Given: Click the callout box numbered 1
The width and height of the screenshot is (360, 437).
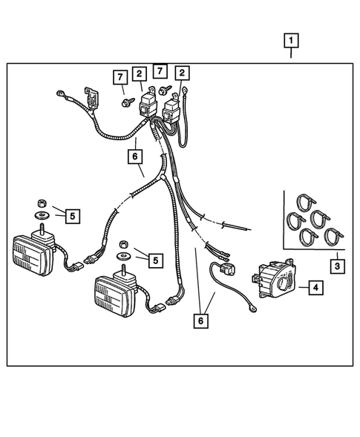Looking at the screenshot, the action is point(291,41).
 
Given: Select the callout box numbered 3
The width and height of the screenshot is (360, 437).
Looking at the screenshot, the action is point(337,266).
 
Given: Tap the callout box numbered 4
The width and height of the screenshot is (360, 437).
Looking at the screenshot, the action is point(315,287).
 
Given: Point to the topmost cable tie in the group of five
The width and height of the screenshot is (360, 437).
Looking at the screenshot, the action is point(306,202).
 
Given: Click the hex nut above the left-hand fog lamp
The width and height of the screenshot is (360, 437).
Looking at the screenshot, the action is point(42,203).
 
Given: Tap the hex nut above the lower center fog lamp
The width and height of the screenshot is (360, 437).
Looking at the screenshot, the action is point(123,245).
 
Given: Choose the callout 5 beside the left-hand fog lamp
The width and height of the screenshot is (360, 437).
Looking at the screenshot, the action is point(73,216).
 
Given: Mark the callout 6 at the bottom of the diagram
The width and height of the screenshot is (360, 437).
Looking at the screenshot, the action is point(200,321).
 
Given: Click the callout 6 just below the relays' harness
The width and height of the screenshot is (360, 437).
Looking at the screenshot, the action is point(135,157).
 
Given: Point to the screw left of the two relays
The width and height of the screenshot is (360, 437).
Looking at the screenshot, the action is point(128,102).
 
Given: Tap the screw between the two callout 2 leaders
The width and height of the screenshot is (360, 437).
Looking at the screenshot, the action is point(165,90).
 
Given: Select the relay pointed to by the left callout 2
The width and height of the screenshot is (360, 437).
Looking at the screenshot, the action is point(148,104).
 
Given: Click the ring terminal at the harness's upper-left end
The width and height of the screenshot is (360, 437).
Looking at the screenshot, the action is point(61,93).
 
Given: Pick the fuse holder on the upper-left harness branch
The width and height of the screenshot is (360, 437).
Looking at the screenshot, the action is point(92,99).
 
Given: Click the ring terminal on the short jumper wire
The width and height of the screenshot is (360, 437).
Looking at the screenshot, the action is point(252,309).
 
